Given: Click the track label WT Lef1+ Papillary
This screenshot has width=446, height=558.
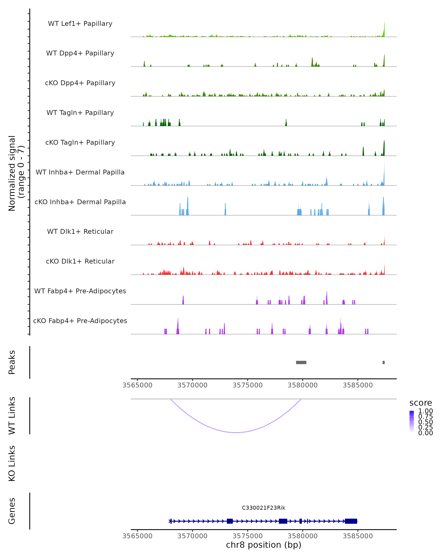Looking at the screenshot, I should [80, 24].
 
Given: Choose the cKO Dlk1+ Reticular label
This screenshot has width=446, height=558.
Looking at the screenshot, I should [80, 261].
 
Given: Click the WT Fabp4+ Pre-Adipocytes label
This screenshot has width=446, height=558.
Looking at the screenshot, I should [80, 291].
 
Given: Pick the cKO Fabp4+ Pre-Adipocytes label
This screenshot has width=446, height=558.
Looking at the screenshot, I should [80, 321].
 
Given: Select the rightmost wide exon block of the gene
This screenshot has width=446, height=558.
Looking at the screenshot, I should [351, 521].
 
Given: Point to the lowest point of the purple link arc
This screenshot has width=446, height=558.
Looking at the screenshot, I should [236, 432].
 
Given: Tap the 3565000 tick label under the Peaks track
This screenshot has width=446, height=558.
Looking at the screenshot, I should [137, 385].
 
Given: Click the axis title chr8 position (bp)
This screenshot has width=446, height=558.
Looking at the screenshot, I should [264, 545].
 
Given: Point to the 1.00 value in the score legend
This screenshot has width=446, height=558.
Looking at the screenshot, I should [425, 411].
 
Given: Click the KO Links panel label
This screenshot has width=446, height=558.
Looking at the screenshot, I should [12, 463].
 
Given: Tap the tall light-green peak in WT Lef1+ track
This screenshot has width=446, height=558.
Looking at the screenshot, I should [384, 30].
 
